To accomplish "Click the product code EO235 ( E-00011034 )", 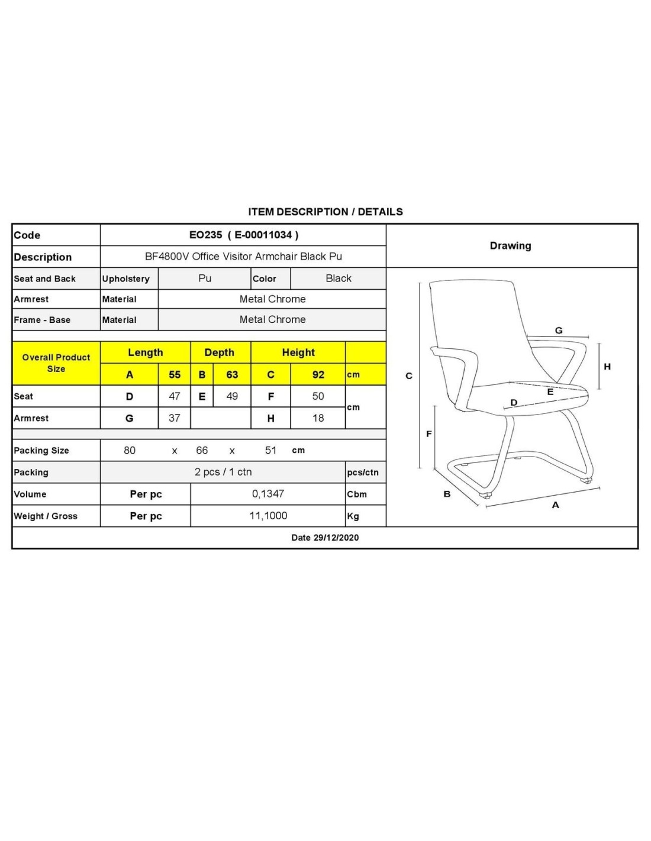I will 243,235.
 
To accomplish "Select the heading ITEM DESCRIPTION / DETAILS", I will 325,212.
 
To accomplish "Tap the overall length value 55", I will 175,374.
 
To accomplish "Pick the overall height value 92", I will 318,374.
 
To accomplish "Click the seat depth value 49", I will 232,396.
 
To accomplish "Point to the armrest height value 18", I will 318,418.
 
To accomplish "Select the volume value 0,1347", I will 268,494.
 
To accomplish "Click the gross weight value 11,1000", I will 268,516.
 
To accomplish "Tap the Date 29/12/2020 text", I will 325,538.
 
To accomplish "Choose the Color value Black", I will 339,278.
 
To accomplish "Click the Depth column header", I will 219,352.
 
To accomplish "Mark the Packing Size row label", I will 41,451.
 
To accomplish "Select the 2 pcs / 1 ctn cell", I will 223,472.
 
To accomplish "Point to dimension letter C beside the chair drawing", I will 408,376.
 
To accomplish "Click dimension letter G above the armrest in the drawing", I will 559,331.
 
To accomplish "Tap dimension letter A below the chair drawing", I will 555,505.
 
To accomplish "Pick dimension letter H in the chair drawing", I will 607,367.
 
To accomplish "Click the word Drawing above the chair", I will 510,245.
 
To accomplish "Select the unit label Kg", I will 353,516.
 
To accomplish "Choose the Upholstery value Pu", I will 205,278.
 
